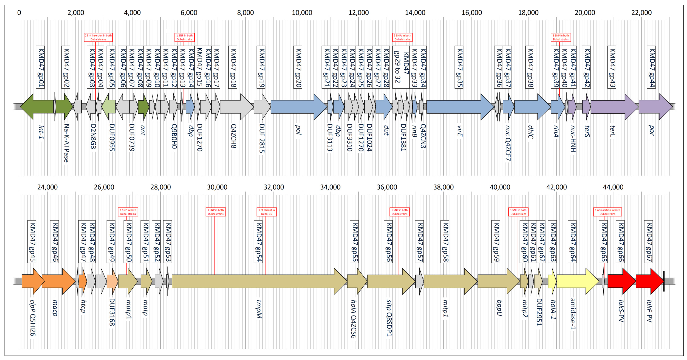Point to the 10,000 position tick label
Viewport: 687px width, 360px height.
click(x=302, y=13)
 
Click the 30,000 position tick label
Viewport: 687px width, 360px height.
click(x=217, y=187)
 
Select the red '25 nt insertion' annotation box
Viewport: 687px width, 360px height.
click(x=98, y=37)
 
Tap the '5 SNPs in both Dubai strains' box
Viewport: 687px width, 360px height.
click(x=402, y=37)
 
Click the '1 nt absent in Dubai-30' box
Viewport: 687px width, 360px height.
click(x=266, y=212)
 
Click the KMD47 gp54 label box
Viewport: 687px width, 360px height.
click(x=258, y=242)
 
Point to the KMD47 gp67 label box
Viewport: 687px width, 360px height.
click(x=649, y=242)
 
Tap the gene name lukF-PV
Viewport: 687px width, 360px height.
click(x=649, y=311)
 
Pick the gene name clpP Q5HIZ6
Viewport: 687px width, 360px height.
click(x=32, y=318)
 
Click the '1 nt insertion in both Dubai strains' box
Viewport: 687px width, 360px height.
click(x=607, y=212)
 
